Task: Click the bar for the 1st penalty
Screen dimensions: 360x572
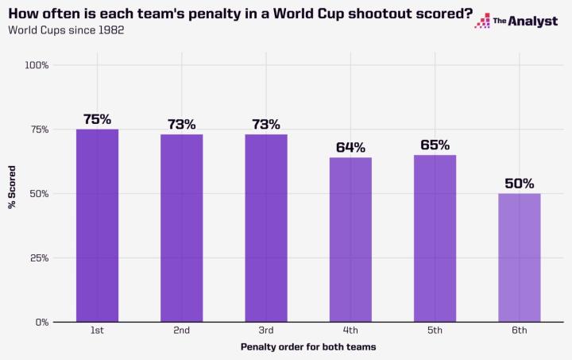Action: click(x=97, y=226)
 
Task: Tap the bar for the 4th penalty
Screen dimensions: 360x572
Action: click(x=350, y=239)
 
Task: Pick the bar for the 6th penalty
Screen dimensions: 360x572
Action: click(x=519, y=257)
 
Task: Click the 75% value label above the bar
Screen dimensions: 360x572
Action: click(x=97, y=119)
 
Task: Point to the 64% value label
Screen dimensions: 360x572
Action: click(x=350, y=147)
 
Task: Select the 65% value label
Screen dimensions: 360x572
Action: click(x=435, y=145)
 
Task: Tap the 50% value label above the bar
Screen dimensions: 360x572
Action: click(x=519, y=183)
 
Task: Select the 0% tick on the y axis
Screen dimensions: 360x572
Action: click(x=42, y=323)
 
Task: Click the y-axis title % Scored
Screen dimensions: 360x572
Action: click(x=12, y=193)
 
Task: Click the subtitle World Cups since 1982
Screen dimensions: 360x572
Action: click(x=65, y=30)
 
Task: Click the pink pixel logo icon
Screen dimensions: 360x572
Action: click(x=481, y=21)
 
